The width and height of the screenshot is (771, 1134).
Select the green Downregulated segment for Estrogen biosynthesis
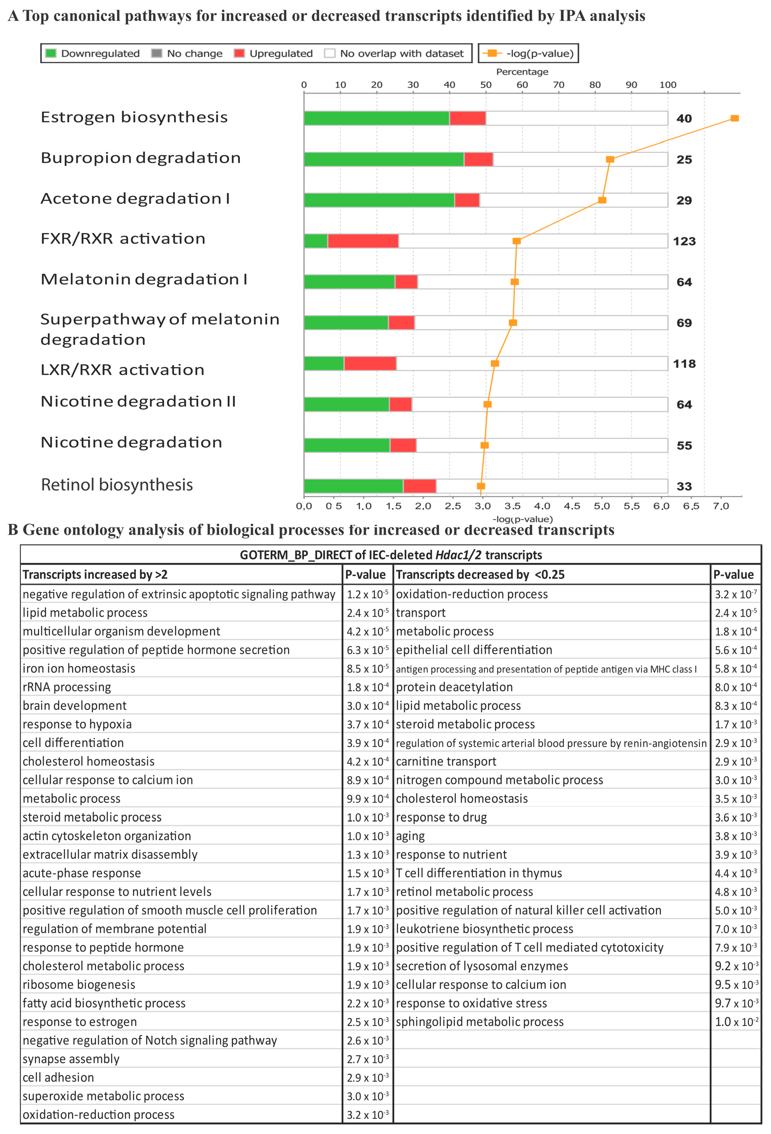(376, 118)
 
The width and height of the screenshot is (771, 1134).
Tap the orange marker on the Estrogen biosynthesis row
(734, 118)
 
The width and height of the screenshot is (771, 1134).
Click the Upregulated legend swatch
(239, 53)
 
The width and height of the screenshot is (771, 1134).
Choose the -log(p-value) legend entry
(528, 53)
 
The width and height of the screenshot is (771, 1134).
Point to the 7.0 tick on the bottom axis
(721, 506)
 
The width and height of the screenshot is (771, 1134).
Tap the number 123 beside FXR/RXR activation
(684, 241)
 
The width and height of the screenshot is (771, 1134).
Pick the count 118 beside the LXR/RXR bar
(684, 363)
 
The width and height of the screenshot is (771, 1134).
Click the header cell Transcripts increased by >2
(95, 574)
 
